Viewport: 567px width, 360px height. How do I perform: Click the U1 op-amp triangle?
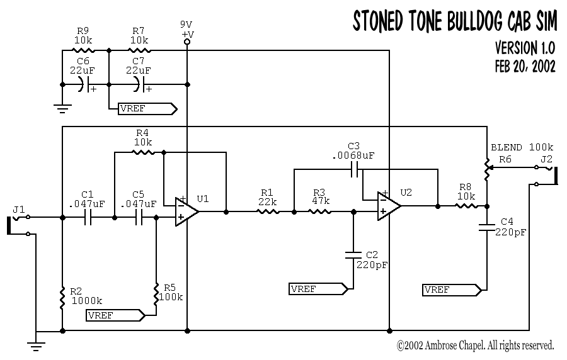click(x=186, y=211)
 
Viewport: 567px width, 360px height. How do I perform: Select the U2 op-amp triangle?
click(x=388, y=206)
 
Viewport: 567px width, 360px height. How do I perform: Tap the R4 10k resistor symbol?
click(x=142, y=152)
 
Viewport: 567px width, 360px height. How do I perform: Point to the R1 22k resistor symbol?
click(x=268, y=212)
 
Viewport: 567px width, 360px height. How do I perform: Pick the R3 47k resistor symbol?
click(x=321, y=212)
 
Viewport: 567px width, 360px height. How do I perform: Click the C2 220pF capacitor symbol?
click(x=353, y=255)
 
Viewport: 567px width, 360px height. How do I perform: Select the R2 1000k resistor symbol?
click(x=62, y=298)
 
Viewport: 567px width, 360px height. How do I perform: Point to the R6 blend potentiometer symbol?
click(x=487, y=169)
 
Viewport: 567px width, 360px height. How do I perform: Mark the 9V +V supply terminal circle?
click(x=187, y=42)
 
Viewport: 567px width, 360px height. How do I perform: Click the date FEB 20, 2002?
click(x=525, y=67)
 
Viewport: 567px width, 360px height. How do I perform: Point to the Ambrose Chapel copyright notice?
click(x=475, y=345)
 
